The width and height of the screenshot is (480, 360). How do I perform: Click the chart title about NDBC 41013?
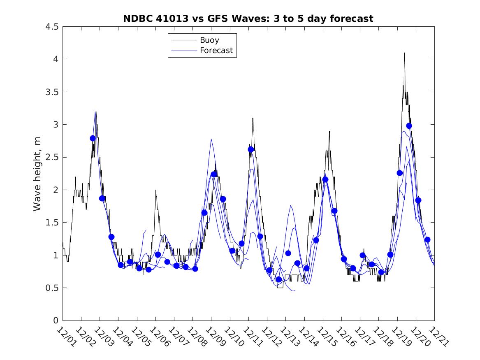248,19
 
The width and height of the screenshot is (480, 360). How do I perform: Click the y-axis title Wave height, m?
37,174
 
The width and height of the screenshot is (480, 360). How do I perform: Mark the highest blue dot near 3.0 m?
409,126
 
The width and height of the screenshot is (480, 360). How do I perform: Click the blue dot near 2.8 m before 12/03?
93,138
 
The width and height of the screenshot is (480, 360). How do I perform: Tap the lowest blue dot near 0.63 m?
278,279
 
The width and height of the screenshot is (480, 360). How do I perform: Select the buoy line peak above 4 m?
404,53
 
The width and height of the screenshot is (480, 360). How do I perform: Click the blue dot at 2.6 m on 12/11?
251,149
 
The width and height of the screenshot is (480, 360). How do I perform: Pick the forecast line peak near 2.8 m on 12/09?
211,139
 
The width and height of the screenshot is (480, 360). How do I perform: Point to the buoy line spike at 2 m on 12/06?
156,190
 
